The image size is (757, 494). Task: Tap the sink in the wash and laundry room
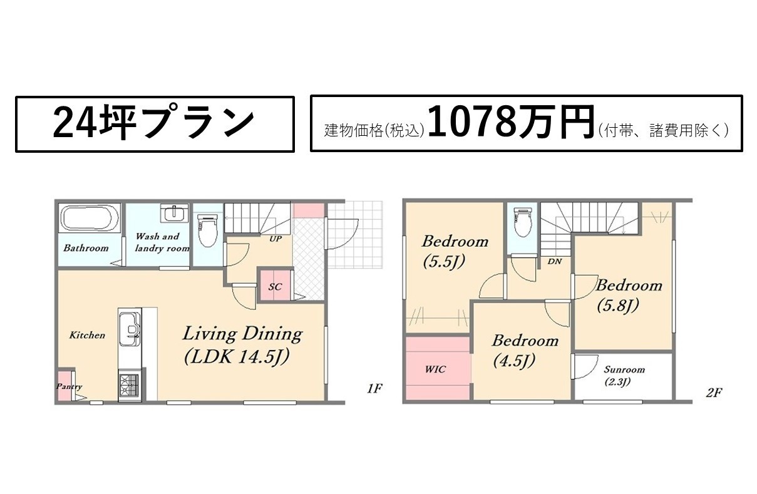[175, 213]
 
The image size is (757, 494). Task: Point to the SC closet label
[275, 287]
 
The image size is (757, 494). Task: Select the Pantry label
[70, 386]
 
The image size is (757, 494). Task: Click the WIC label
[435, 369]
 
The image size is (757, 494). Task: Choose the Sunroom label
[624, 369]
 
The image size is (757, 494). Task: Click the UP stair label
[276, 239]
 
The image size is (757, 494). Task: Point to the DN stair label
[554, 261]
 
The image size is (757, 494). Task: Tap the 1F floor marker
[374, 389]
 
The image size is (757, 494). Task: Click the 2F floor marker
[714, 393]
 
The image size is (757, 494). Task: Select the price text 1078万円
[511, 122]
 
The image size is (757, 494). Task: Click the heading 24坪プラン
[154, 121]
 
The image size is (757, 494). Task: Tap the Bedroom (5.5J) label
[455, 252]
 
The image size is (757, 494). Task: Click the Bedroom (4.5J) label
[525, 351]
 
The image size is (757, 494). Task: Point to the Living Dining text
[242, 334]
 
